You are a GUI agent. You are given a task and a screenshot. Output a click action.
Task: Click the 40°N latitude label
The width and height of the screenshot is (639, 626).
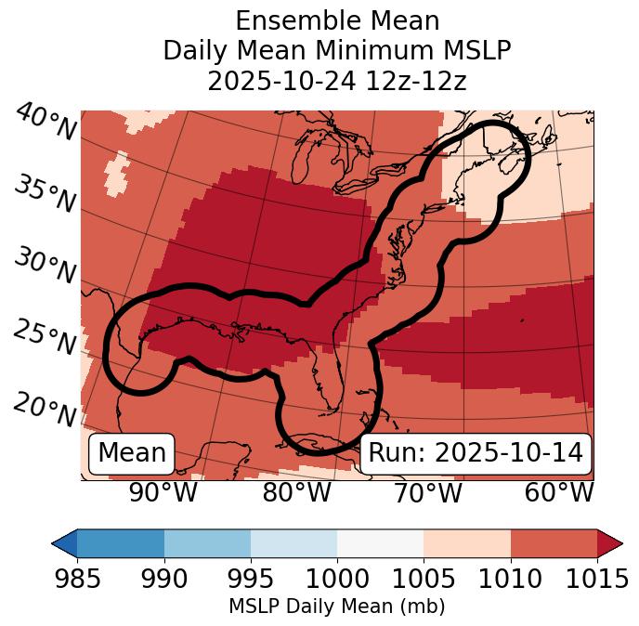[x=46, y=124]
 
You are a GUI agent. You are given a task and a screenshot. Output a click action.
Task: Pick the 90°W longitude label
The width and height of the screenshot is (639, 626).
[x=163, y=492]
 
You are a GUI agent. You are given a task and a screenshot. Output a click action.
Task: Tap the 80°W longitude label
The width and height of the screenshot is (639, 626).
[x=295, y=492]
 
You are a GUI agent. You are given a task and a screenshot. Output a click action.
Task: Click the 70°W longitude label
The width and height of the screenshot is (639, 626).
[x=427, y=492]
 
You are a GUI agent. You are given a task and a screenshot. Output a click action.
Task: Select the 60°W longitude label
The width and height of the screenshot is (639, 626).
[x=558, y=492]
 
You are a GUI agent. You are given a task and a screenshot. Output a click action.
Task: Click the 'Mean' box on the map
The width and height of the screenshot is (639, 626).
[x=132, y=453]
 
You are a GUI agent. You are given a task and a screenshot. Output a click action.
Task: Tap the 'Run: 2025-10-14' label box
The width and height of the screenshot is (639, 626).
[x=476, y=453]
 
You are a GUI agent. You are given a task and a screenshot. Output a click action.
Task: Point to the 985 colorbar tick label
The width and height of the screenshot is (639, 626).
[x=77, y=580]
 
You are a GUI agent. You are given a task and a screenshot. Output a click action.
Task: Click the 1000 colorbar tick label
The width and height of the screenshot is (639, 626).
[x=337, y=580]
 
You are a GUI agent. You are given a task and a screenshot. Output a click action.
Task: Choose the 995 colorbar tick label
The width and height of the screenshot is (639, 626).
[x=251, y=580]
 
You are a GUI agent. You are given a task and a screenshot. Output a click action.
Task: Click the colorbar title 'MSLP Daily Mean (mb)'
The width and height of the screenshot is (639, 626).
[x=336, y=606]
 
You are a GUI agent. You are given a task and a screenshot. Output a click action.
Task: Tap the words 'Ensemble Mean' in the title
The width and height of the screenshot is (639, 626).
[x=336, y=20]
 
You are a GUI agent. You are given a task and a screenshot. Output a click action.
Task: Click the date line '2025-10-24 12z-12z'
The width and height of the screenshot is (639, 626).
[x=336, y=81]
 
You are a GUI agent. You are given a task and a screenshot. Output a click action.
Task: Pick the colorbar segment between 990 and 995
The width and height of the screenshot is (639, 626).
[x=207, y=542]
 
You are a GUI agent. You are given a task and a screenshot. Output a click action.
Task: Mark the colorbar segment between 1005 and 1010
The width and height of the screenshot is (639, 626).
[x=467, y=542]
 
